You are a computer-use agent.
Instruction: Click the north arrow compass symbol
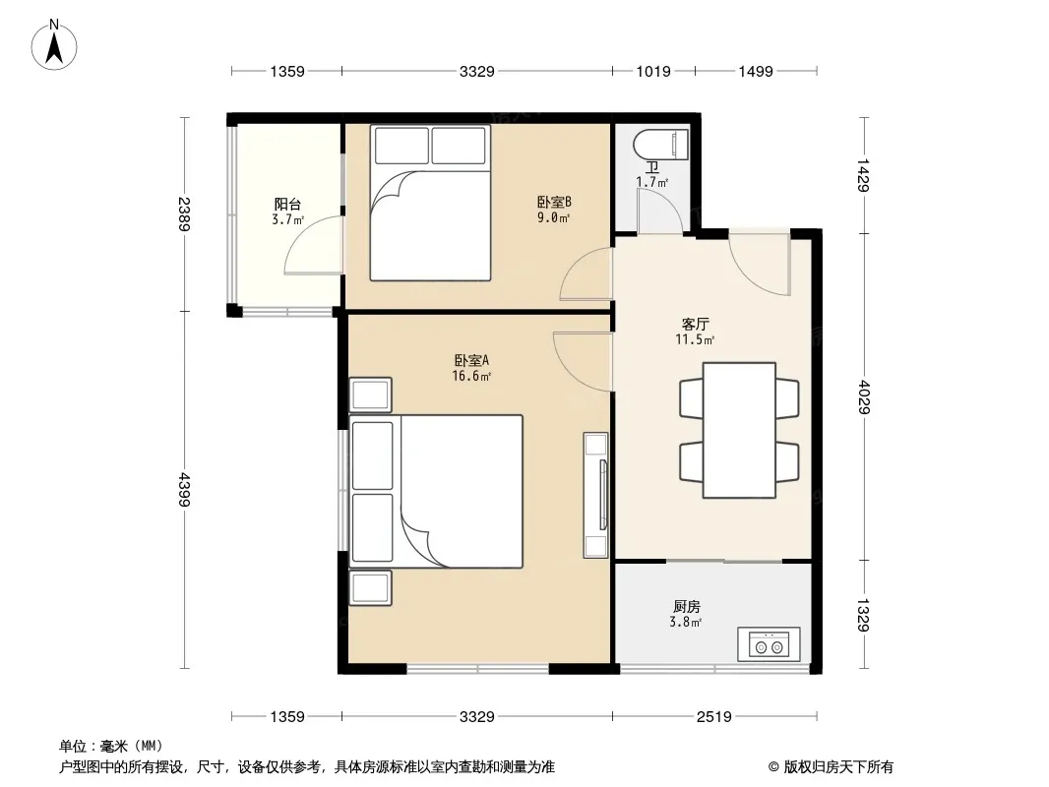(x=54, y=45)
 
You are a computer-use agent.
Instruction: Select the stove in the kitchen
(x=769, y=644)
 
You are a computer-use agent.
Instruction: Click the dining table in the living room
(x=739, y=431)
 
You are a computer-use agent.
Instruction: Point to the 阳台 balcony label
(x=287, y=204)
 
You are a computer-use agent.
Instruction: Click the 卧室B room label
(x=554, y=202)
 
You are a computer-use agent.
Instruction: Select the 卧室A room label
(x=471, y=360)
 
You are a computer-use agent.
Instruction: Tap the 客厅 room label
(x=695, y=325)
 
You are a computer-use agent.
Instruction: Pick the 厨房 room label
(x=687, y=606)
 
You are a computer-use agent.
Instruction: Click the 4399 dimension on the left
(x=185, y=490)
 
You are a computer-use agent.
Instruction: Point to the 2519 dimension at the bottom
(x=713, y=717)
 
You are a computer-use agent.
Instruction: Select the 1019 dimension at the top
(x=653, y=71)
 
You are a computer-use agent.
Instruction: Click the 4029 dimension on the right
(x=864, y=397)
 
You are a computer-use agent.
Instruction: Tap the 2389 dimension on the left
(x=185, y=214)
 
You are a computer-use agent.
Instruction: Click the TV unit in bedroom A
(x=595, y=495)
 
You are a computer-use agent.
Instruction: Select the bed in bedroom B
(x=430, y=203)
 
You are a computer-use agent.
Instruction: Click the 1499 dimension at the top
(x=756, y=71)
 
